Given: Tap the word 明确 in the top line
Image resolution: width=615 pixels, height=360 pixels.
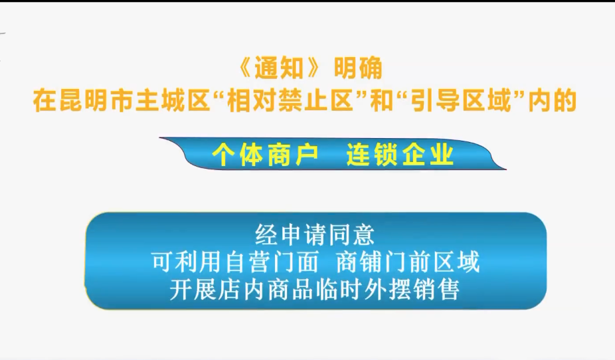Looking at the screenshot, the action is click(x=359, y=68).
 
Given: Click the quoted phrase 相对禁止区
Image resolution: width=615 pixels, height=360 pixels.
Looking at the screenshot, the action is click(x=290, y=101).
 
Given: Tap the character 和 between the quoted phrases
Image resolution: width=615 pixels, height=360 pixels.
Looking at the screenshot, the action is click(x=381, y=101).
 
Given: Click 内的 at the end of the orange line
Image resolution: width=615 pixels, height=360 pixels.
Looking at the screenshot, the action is click(x=553, y=101).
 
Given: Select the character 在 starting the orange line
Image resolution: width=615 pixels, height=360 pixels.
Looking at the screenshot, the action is click(x=45, y=101).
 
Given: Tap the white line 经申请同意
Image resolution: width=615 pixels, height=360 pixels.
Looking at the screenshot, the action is click(x=315, y=235).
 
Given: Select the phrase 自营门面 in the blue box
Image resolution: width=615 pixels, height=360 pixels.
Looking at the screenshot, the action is click(x=272, y=262).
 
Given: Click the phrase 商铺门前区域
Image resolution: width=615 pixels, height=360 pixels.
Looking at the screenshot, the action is click(x=408, y=262).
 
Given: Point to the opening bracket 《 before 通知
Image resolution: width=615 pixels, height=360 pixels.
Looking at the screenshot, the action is click(x=246, y=68).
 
